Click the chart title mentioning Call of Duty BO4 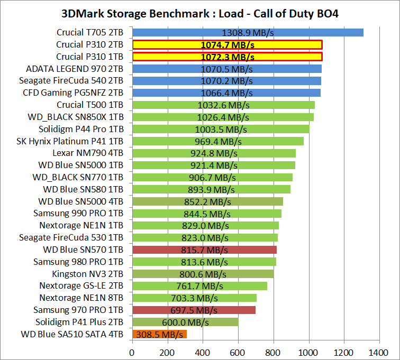point(199,13)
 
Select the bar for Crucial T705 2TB point(248,32)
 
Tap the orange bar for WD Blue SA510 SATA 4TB point(159,334)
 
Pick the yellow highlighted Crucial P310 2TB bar point(228,44)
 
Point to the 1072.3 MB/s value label point(228,57)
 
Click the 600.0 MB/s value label point(185,322)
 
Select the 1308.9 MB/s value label point(248,32)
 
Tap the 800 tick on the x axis point(274,351)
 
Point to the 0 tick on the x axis point(132,351)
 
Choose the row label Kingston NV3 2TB point(88,274)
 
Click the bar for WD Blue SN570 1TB point(204,250)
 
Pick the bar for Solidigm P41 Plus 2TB point(185,322)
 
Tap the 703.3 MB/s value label point(194,298)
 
